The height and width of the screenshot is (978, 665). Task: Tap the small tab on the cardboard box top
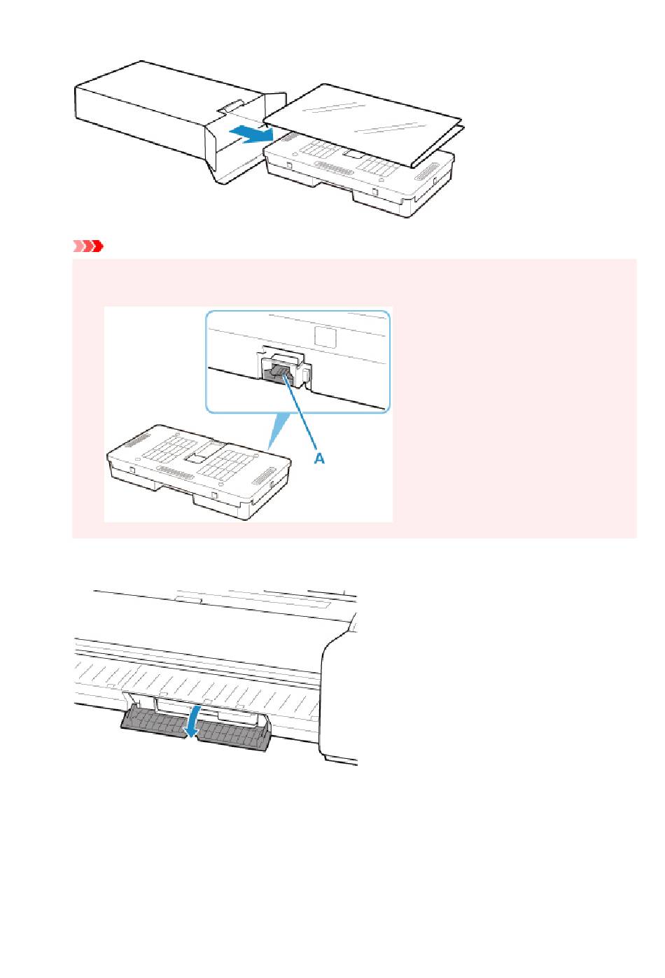(231, 106)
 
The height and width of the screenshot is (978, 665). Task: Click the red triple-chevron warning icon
(87, 246)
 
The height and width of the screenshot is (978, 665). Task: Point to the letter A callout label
(320, 458)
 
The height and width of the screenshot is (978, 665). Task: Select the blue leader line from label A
(301, 411)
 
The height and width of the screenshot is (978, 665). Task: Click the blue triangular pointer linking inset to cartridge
(278, 431)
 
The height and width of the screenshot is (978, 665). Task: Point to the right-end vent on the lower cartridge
(264, 476)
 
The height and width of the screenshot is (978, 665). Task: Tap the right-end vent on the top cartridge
(426, 172)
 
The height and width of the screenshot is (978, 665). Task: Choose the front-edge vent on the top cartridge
(334, 167)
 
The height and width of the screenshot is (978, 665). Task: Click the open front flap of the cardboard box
(214, 144)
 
